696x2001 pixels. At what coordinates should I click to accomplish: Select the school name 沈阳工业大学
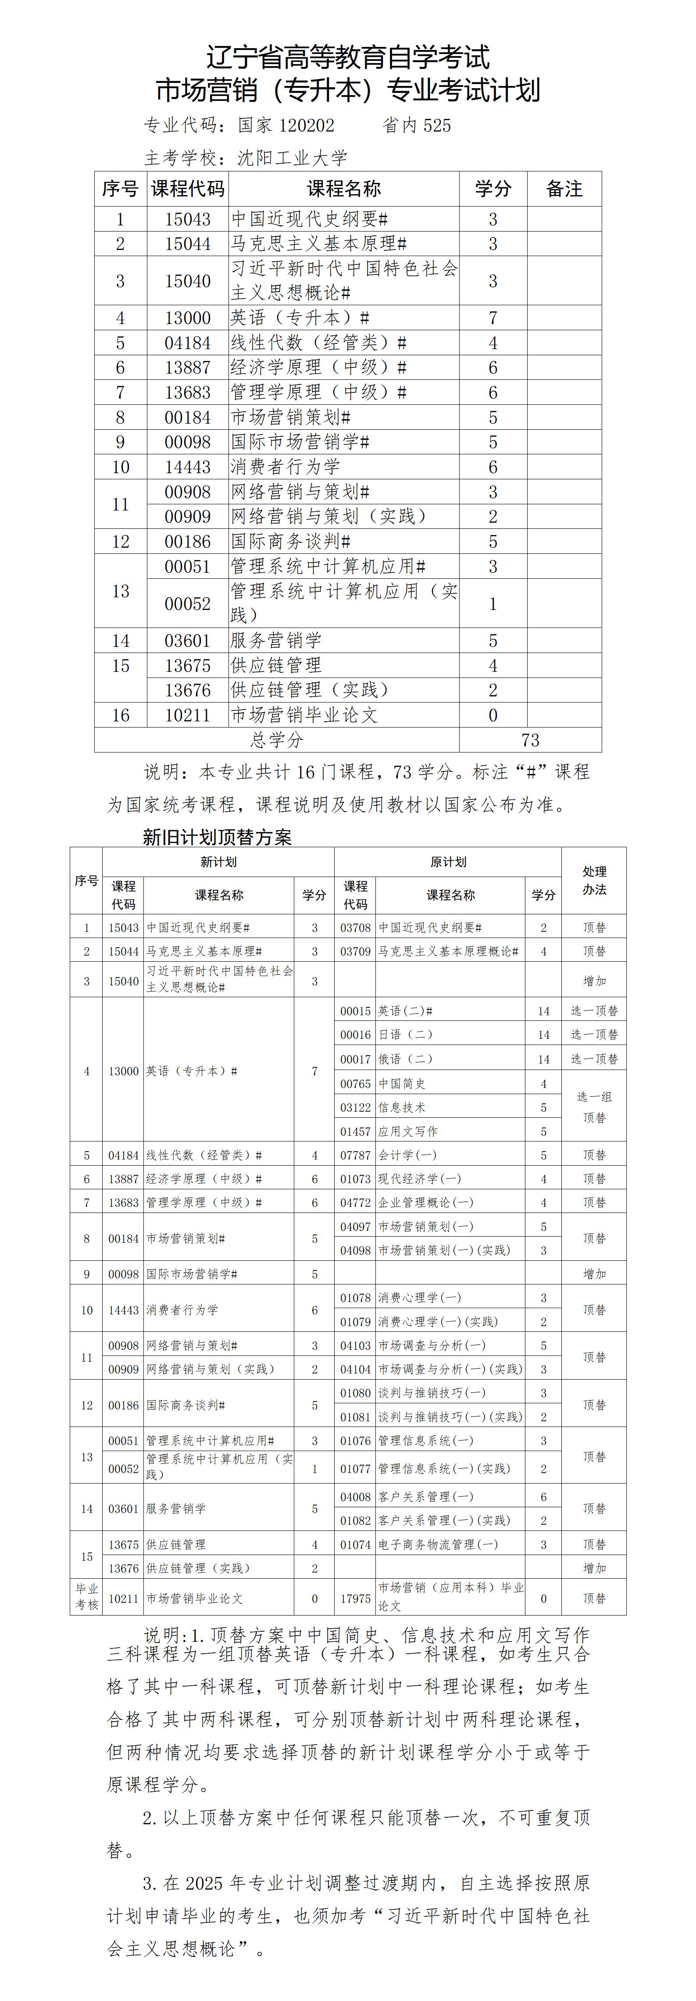(x=292, y=158)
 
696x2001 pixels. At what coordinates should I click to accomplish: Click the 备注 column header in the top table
(x=564, y=189)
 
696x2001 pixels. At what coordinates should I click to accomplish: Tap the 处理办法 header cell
(x=594, y=880)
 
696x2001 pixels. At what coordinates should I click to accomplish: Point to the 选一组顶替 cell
(x=594, y=1107)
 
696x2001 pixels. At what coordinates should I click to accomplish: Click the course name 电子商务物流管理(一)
(x=438, y=1544)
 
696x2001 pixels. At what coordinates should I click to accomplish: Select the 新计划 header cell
(x=218, y=861)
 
